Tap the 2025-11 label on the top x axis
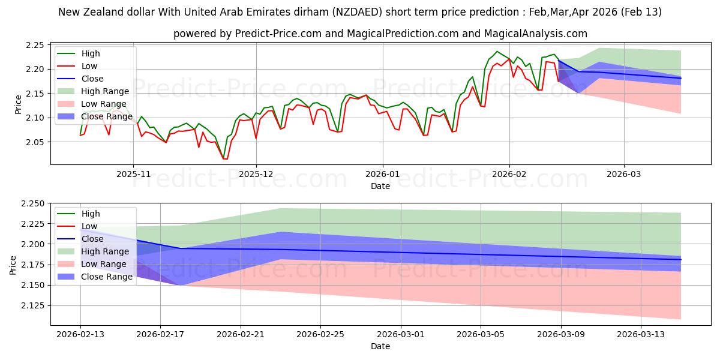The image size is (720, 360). point(133,173)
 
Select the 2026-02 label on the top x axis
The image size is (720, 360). point(509,173)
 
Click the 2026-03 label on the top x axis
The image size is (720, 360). point(624,173)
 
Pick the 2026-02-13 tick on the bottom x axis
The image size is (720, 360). point(80,334)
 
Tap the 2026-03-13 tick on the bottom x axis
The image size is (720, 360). point(641,334)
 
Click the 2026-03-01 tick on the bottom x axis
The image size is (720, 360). point(401,334)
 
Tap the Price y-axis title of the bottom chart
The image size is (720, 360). point(13,265)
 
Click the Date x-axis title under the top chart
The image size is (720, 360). point(380,186)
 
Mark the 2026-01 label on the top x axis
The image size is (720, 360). point(383,173)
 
